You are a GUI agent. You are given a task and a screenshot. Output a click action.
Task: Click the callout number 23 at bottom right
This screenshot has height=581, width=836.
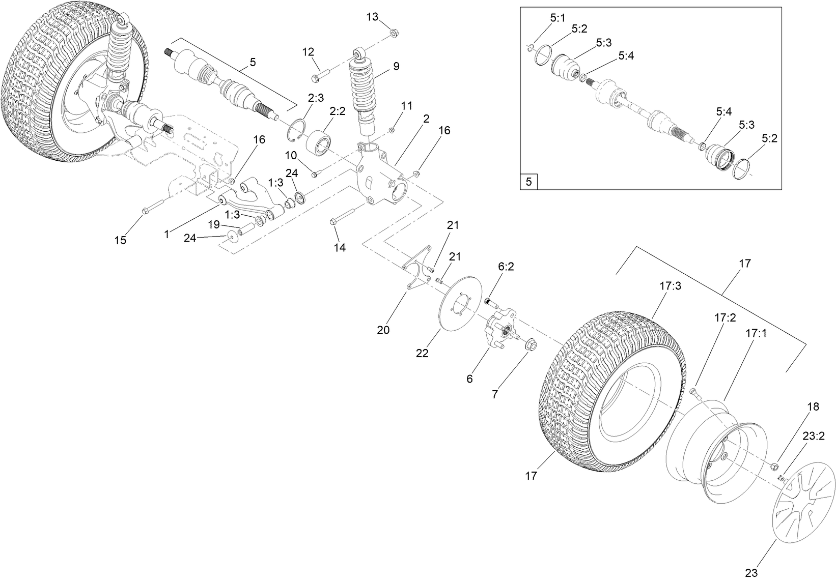click(x=751, y=572)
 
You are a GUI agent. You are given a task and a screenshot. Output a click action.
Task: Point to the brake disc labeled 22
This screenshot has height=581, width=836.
click(x=457, y=304)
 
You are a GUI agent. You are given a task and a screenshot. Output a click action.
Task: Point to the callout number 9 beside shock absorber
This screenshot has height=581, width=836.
click(x=396, y=66)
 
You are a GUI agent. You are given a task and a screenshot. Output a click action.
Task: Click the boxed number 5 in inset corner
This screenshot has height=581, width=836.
click(x=528, y=182)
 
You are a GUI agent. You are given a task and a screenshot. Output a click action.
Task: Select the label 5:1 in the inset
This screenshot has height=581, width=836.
click(x=558, y=18)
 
